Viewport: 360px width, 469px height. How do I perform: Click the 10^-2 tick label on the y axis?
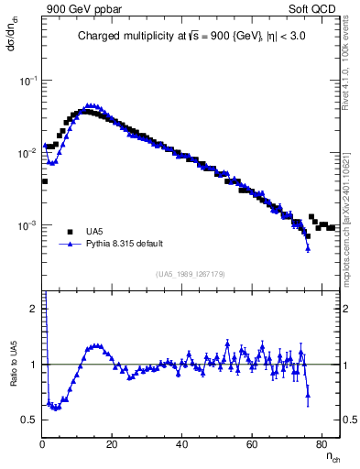pos(28,153)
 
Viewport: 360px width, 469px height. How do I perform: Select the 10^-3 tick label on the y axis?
pos(28,225)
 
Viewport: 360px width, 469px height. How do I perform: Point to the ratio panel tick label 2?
pos(34,309)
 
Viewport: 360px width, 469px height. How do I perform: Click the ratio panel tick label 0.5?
pos(30,420)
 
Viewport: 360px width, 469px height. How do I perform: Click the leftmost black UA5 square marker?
pos(45,181)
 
